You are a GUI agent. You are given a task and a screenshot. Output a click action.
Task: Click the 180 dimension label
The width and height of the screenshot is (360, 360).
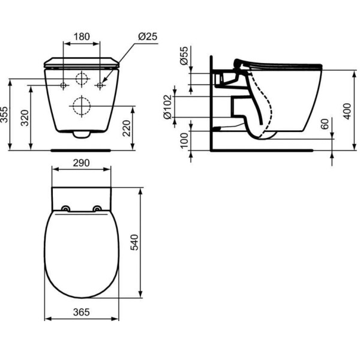[x=82, y=37]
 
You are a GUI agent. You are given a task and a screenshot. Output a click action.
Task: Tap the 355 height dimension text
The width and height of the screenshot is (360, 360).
[x=5, y=114]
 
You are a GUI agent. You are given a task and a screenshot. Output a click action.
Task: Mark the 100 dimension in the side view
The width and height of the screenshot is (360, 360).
[x=184, y=141]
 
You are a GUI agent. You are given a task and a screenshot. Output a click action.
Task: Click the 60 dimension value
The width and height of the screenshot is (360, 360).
[x=325, y=125]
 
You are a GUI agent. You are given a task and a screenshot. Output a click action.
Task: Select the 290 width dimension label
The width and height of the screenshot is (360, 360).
[x=82, y=163]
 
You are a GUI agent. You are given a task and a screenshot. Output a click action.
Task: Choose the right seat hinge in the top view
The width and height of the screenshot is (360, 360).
[x=97, y=209]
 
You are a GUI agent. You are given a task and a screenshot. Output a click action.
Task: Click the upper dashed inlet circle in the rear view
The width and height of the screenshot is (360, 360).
[x=82, y=79]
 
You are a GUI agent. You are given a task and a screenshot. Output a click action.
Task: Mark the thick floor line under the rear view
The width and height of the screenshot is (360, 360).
[x=82, y=150]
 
